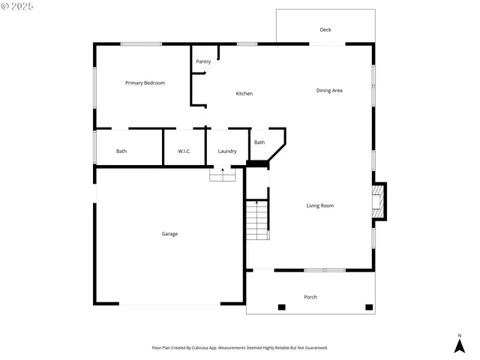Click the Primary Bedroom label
[145, 82]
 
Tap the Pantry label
[203, 61]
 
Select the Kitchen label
[244, 94]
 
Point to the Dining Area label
[329, 91]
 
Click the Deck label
[325, 30]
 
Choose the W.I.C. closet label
[184, 151]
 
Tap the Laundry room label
[227, 151]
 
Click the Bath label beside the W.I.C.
[121, 151]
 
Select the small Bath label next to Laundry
[259, 142]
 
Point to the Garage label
[169, 234]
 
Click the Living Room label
[320, 205]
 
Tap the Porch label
[310, 297]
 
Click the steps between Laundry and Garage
[222, 175]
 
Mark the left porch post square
[282, 307]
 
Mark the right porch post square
[369, 307]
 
